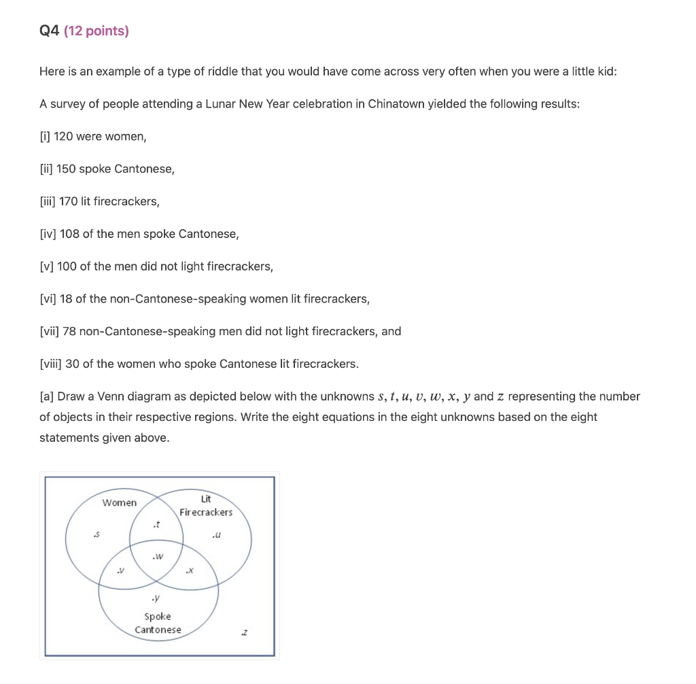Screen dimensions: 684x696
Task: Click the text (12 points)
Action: (x=96, y=31)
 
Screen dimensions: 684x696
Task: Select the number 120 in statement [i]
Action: (x=63, y=137)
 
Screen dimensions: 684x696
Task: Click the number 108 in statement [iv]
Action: (x=69, y=235)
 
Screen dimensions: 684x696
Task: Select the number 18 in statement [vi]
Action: (x=67, y=299)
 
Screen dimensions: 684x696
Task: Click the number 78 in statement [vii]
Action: (x=69, y=332)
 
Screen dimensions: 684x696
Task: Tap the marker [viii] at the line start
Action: (x=50, y=364)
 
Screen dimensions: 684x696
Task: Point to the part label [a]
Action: (x=47, y=396)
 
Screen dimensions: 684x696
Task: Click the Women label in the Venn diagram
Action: (x=119, y=503)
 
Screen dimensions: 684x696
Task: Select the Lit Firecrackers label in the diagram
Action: (x=206, y=506)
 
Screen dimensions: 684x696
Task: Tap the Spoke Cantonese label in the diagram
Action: (x=158, y=623)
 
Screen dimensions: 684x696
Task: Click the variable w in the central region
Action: (x=158, y=556)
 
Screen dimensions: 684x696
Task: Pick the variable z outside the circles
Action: (x=244, y=632)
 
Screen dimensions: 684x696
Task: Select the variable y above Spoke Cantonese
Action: (x=157, y=598)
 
